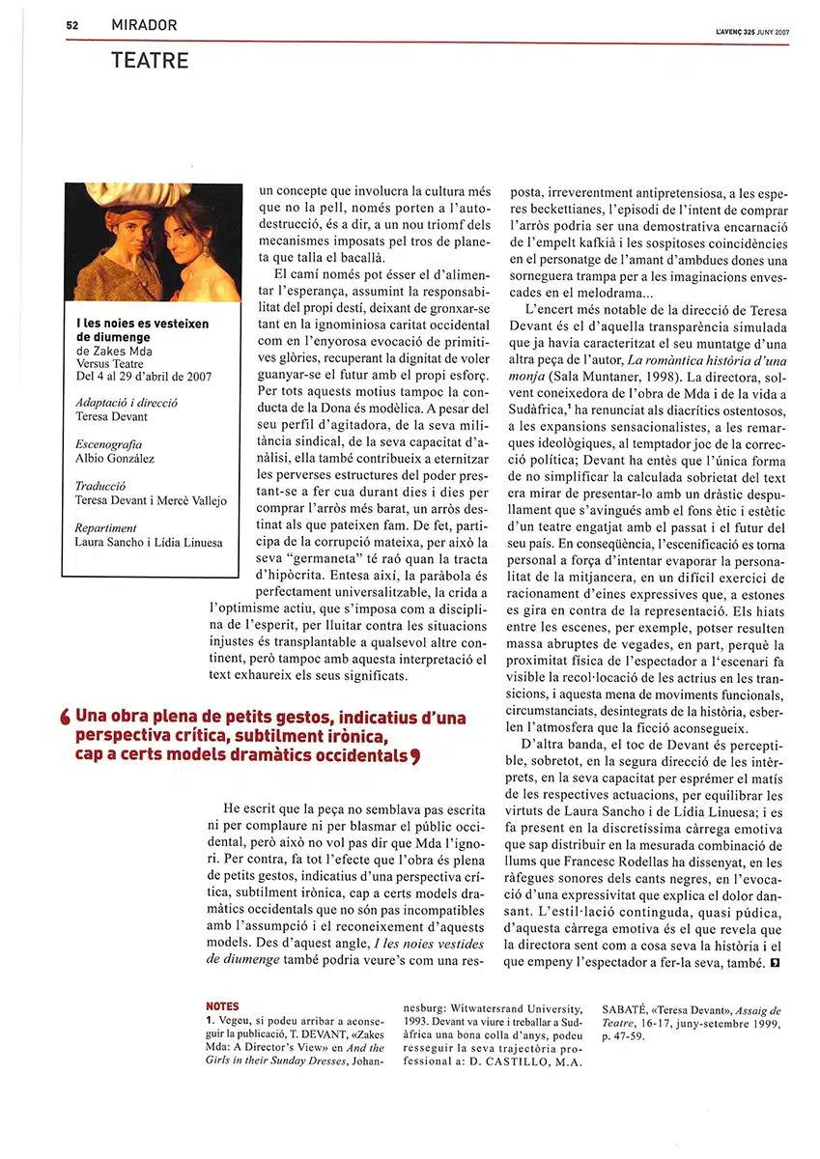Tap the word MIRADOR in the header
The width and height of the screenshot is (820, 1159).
(x=144, y=25)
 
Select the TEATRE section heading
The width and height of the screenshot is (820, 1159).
(x=150, y=61)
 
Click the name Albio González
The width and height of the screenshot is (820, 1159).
(x=115, y=459)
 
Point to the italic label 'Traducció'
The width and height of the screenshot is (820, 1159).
(x=100, y=487)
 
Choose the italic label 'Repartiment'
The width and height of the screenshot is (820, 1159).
(x=105, y=528)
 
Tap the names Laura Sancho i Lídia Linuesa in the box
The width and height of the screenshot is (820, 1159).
(x=148, y=542)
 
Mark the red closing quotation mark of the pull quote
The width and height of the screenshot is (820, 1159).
(x=414, y=756)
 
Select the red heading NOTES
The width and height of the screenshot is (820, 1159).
(x=222, y=1006)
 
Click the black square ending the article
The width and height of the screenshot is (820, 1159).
(x=775, y=963)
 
